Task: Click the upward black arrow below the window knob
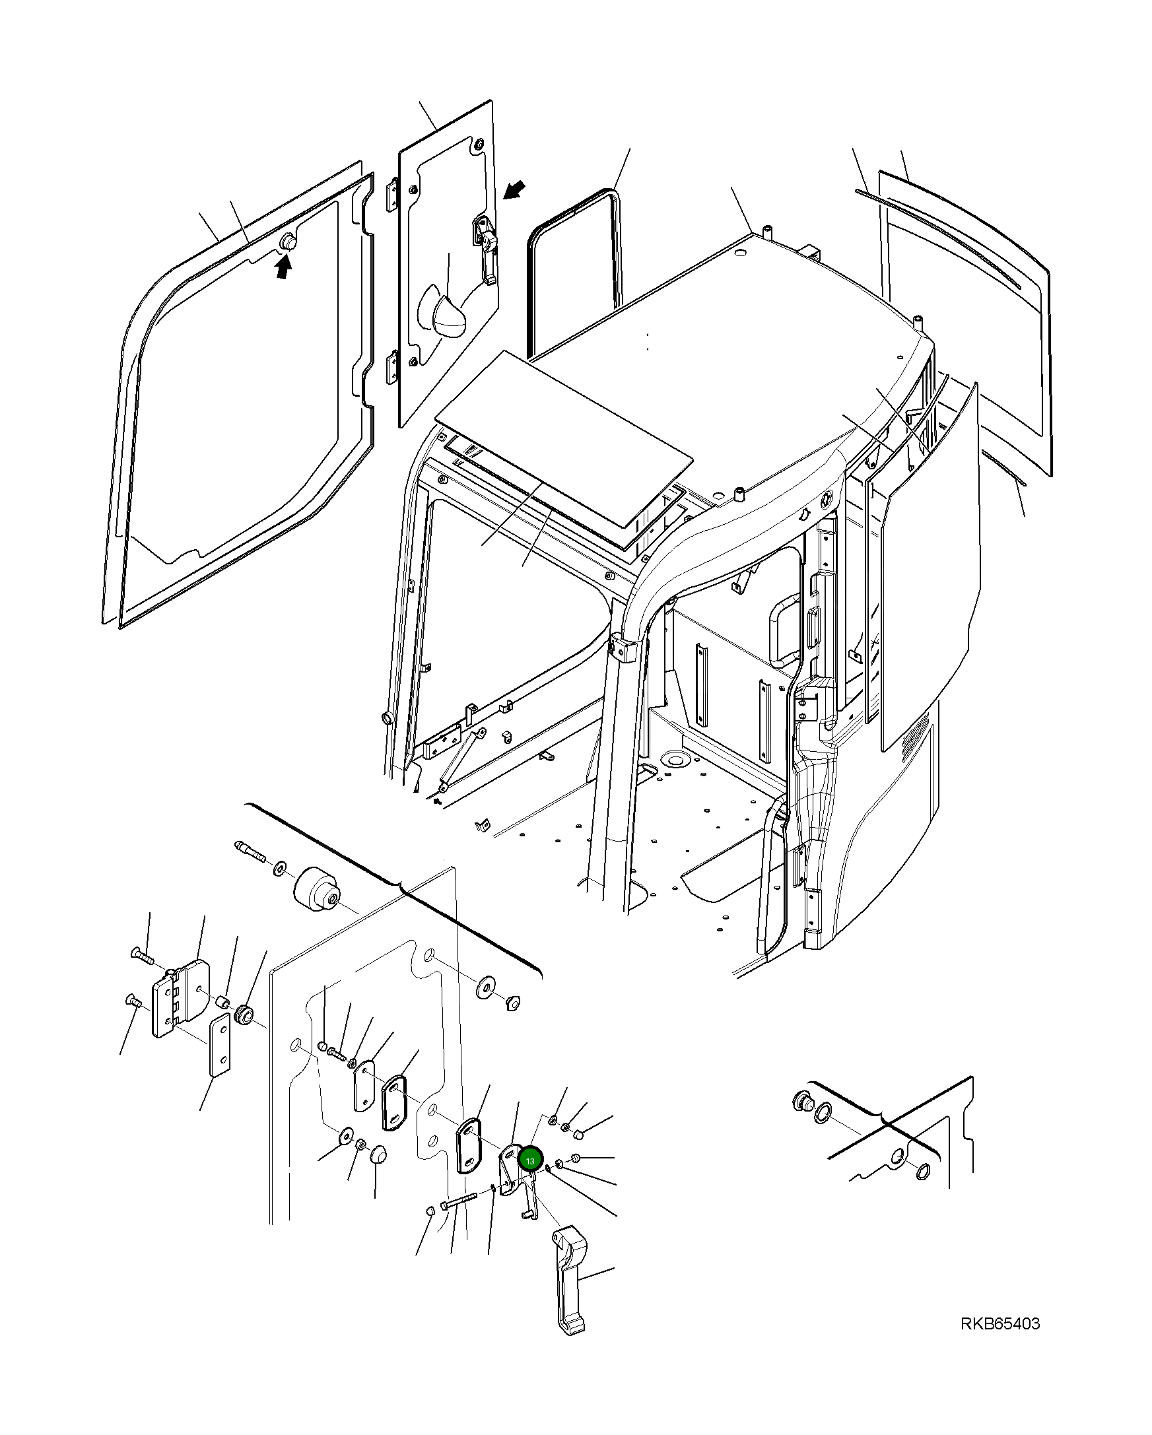point(284,267)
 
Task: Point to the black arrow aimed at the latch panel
point(514,190)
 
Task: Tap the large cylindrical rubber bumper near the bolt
point(318,890)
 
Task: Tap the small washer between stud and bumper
point(279,866)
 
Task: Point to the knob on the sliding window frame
point(289,243)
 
